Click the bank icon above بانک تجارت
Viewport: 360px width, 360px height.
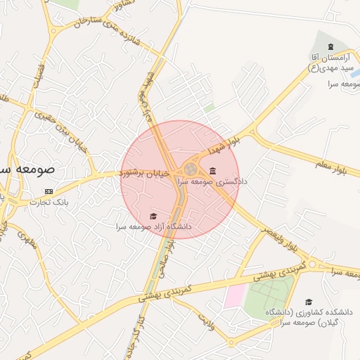point(49,191)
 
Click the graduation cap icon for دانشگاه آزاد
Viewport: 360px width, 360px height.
point(154,216)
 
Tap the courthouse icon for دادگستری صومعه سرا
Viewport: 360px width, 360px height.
point(212,171)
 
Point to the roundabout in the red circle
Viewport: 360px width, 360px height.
point(191,169)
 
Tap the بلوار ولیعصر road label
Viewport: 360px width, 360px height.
point(281,238)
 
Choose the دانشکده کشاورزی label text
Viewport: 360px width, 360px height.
point(309,316)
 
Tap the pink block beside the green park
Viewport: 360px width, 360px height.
point(233,295)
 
